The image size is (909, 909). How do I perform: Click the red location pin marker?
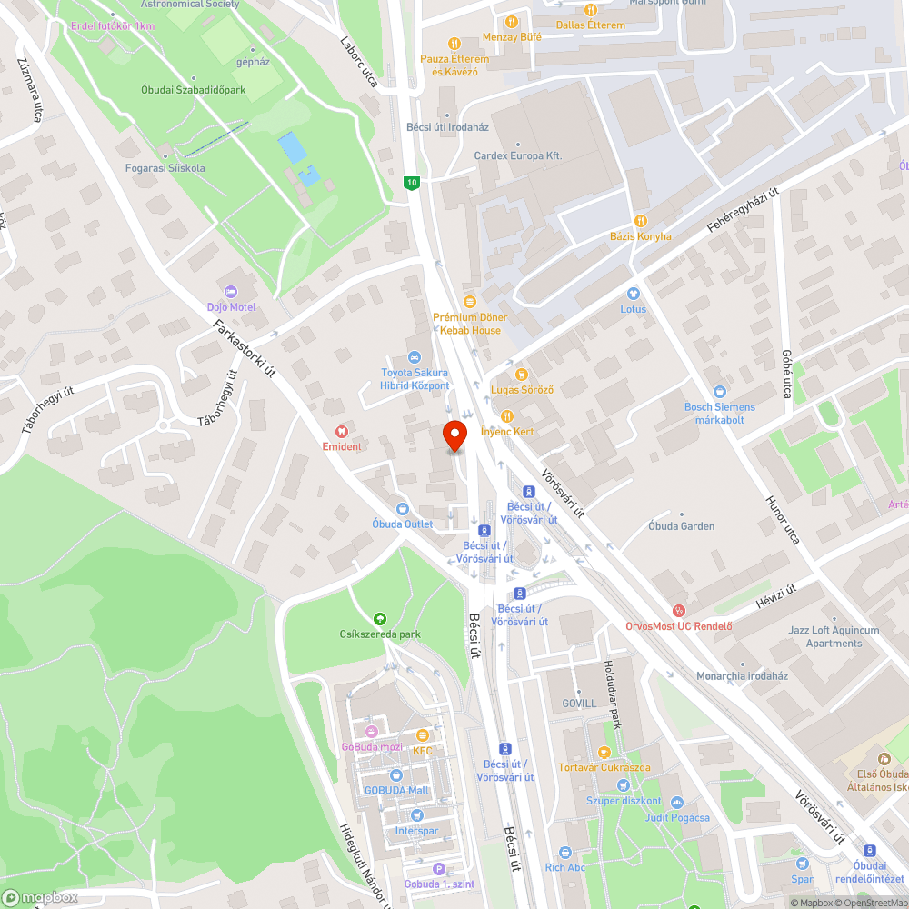[x=454, y=436]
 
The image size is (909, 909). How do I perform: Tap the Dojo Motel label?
[x=230, y=306]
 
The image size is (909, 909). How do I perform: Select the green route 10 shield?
[x=413, y=183]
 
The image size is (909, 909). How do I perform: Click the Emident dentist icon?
[x=342, y=432]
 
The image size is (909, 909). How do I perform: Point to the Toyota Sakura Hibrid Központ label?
[x=415, y=379]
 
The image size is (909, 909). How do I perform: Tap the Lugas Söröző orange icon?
[x=522, y=374]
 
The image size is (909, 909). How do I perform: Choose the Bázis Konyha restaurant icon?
[x=641, y=220]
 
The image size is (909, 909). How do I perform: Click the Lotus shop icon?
[x=634, y=294]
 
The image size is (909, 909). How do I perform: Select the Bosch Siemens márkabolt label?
[x=720, y=413]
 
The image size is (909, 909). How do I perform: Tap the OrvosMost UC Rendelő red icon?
[x=678, y=610]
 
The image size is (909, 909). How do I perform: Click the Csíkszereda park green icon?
[x=380, y=618]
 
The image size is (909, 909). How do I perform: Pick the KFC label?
[x=423, y=751]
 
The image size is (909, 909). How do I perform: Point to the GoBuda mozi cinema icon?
[x=371, y=732]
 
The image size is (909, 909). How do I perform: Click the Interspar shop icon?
[x=416, y=815]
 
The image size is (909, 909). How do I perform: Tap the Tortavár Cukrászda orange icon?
[x=604, y=753]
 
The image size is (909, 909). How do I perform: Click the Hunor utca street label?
[x=782, y=520]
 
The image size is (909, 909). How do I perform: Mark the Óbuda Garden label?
[x=681, y=526]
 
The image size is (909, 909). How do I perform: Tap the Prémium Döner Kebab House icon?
[x=470, y=301]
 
